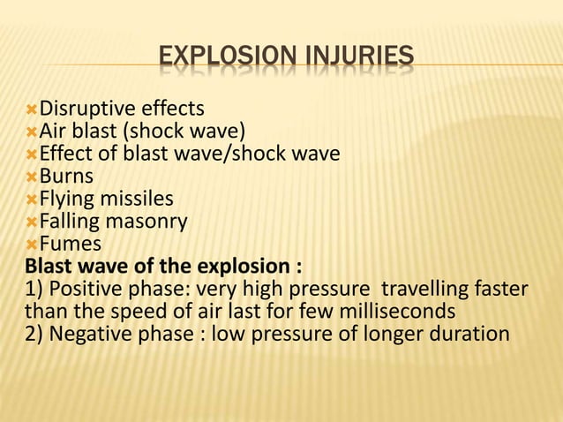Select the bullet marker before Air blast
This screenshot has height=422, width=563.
tap(32, 132)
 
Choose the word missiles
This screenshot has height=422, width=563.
tap(140, 199)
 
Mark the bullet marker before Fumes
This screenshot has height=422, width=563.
tap(32, 244)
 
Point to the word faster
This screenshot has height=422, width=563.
tap(504, 289)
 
